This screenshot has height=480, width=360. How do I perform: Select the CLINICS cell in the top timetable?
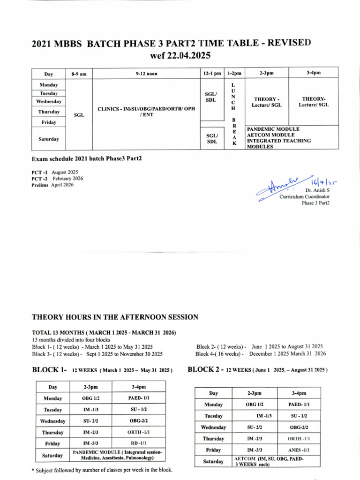146,112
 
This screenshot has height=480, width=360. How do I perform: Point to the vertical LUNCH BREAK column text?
234,114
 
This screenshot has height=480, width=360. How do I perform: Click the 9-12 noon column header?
146,74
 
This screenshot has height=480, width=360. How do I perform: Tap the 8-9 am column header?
79,74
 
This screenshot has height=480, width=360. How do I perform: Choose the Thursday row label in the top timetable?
49,112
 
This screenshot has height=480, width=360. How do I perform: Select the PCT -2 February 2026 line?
58,178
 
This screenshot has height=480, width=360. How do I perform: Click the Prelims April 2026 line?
52,185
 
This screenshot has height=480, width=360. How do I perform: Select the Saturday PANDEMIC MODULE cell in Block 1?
118,455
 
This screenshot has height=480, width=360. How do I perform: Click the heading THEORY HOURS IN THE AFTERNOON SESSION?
115,317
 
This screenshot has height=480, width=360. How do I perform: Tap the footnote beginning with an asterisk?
102,470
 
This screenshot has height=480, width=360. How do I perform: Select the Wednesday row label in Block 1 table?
52,421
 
